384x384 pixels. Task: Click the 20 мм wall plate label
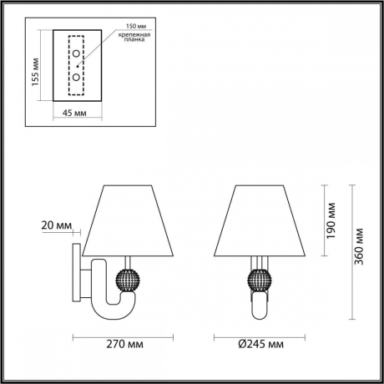click(56, 225)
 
